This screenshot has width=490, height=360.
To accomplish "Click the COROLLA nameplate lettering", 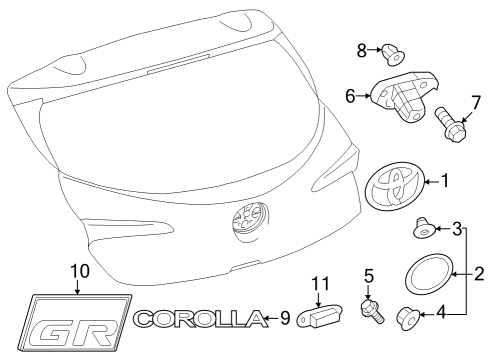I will tap(200, 320).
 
